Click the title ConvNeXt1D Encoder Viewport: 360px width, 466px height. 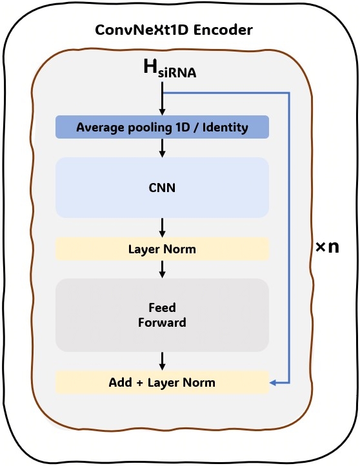[x=174, y=30]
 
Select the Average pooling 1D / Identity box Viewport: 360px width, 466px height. [x=162, y=127]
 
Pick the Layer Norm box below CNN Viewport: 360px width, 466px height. [x=162, y=249]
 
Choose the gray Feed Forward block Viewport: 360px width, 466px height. [x=162, y=315]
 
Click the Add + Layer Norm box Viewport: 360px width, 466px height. [x=162, y=382]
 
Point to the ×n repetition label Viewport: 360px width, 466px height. [x=328, y=247]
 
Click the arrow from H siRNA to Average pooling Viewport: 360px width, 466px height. [x=163, y=100]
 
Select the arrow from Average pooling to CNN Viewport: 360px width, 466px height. [x=163, y=148]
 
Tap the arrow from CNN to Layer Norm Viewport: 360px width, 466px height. [x=163, y=227]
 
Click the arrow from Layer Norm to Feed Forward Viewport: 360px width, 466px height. [x=163, y=269]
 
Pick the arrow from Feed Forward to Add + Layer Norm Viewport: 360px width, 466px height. [x=163, y=360]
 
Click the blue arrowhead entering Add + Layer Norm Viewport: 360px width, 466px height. [x=274, y=383]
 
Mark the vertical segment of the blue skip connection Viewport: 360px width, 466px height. [x=290, y=238]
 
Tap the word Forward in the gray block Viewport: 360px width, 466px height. [x=162, y=322]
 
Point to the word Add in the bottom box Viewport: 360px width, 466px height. [x=120, y=382]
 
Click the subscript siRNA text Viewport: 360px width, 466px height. [x=178, y=74]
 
